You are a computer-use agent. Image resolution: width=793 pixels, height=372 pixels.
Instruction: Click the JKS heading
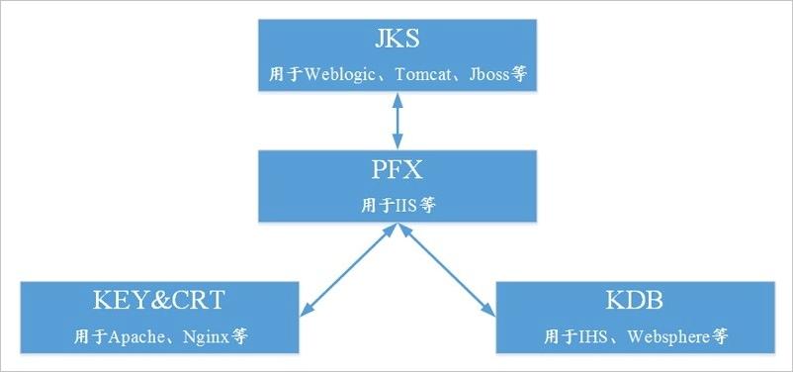[396, 40]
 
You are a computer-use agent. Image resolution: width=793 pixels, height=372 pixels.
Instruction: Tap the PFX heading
[396, 170]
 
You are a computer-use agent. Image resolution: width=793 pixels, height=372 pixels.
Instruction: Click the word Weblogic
[338, 74]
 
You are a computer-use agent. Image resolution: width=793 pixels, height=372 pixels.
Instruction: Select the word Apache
[131, 336]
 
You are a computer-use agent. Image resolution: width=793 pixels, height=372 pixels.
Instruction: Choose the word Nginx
[206, 336]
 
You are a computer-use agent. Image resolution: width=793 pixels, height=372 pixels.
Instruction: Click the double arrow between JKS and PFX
[396, 121]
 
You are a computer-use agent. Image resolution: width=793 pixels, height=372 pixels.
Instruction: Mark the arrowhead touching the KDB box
[489, 312]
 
